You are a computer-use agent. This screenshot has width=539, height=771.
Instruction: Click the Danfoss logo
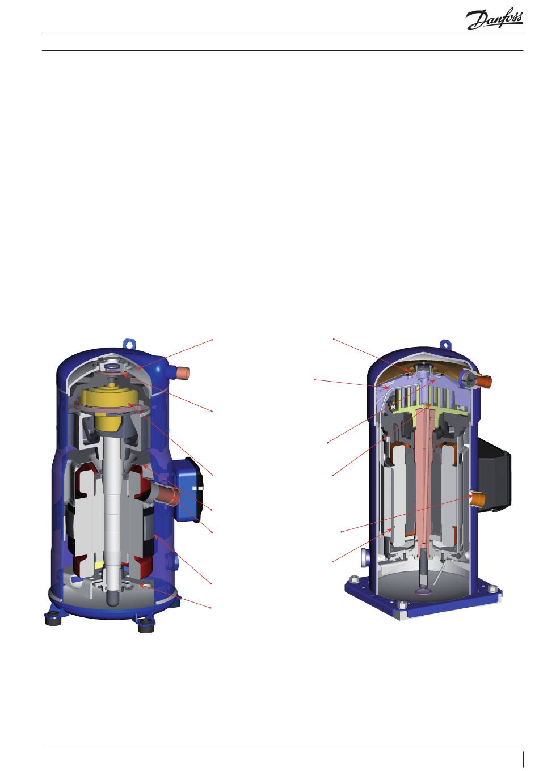[494, 18]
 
